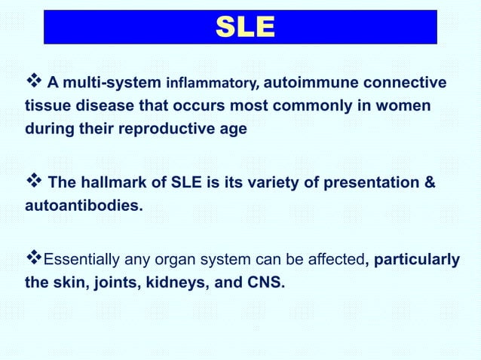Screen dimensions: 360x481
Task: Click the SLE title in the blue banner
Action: pos(240,27)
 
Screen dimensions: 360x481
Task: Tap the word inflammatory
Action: pos(212,82)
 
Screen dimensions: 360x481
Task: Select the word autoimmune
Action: pos(303,81)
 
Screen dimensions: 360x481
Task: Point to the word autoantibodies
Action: pos(78,205)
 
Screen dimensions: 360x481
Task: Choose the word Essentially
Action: pos(82,260)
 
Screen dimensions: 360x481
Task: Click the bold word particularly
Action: pos(417,260)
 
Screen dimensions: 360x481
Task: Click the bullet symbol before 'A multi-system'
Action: pos(34,81)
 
